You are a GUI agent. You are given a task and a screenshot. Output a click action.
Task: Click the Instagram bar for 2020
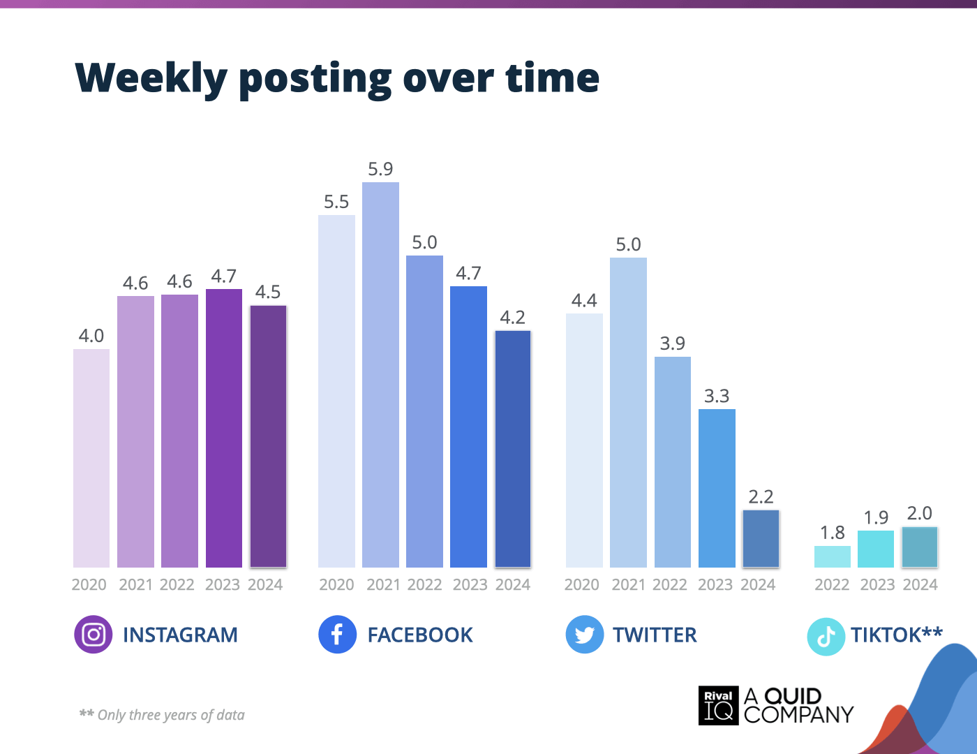(x=91, y=458)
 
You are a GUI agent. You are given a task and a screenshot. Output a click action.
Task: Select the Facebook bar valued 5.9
(x=380, y=375)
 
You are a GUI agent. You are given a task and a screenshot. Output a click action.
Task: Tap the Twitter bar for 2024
(x=761, y=538)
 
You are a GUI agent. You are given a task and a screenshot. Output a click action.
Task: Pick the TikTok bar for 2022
(x=832, y=556)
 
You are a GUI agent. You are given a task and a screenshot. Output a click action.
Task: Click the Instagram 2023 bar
(x=224, y=428)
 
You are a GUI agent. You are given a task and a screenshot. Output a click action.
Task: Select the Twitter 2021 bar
(x=628, y=413)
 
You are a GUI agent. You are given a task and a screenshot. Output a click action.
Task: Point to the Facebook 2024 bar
(x=513, y=449)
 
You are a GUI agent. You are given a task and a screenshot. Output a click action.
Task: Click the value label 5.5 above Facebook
(x=336, y=202)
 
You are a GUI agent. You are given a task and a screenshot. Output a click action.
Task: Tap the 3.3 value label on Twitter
(x=717, y=396)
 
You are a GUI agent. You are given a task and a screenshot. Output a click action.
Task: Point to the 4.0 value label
(x=91, y=336)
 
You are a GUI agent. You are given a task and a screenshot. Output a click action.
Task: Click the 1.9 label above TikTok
(x=876, y=517)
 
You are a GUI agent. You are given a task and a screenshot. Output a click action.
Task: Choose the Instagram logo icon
(x=93, y=635)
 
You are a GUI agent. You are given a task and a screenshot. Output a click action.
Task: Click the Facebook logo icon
(x=337, y=635)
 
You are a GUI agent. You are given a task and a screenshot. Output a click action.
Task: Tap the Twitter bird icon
(x=584, y=635)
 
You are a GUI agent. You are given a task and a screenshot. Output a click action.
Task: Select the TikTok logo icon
(x=826, y=636)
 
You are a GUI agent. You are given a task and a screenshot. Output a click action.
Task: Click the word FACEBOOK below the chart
(x=420, y=635)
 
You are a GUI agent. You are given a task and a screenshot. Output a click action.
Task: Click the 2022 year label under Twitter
(x=670, y=584)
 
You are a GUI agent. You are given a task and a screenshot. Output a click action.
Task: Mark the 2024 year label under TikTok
(x=920, y=584)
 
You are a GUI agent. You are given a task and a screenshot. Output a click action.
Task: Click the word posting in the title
(x=315, y=78)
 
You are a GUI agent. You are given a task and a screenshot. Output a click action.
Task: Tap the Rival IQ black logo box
(x=718, y=705)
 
